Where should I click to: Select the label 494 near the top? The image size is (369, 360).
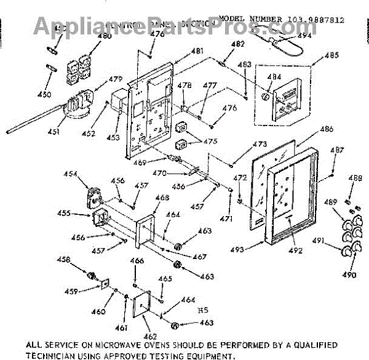304,35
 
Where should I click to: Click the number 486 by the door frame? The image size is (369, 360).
327,129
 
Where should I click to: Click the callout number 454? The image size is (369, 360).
71,174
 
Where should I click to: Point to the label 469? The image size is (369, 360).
140,162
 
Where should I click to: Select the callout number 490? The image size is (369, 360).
349,274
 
